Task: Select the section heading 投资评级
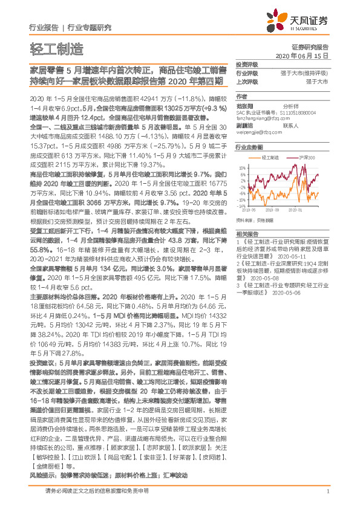click(247, 65)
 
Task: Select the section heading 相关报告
click(247, 233)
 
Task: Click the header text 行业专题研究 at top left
click(90, 27)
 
